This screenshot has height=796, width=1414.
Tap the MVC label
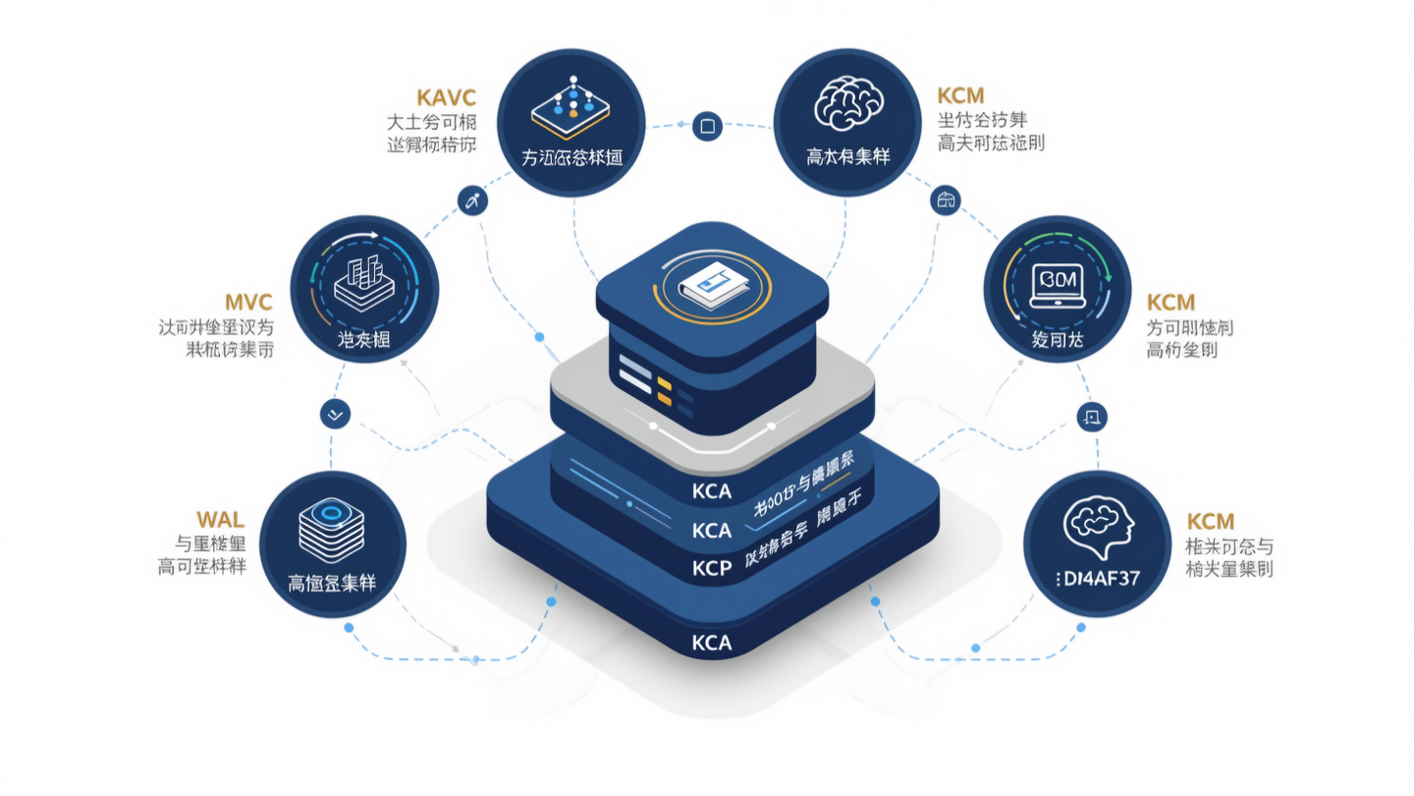[247, 301]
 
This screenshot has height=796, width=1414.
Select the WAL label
[220, 518]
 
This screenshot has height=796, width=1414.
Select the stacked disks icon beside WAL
[332, 531]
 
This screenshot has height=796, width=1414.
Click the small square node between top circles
[707, 127]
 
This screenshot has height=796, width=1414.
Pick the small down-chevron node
[336, 415]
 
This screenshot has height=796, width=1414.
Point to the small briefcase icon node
[946, 201]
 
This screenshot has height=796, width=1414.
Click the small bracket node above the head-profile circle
[1092, 417]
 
